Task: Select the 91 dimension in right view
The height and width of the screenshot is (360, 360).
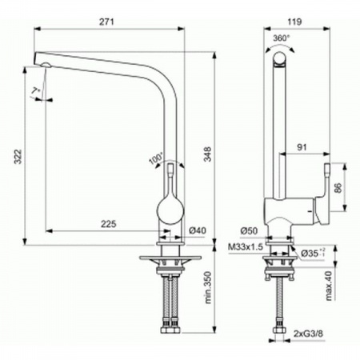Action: (x=302, y=146)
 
